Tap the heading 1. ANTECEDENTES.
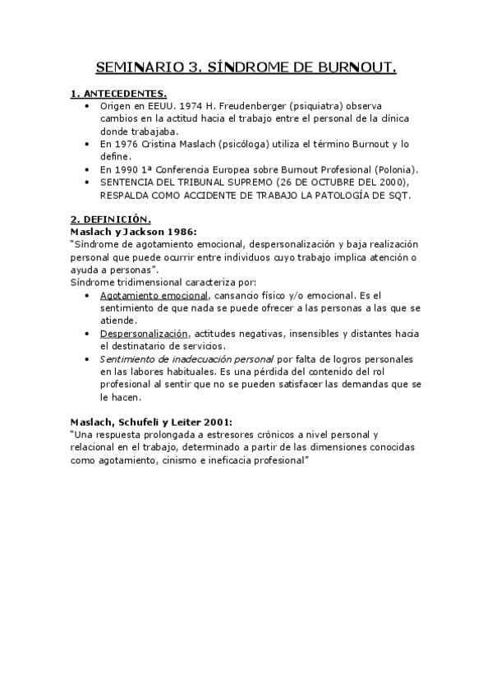[x=118, y=94]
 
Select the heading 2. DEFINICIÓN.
[x=110, y=219]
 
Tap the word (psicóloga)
[x=250, y=144]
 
